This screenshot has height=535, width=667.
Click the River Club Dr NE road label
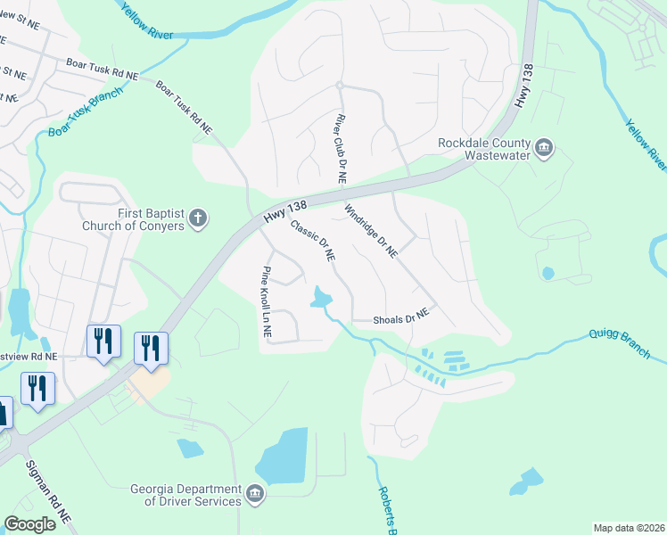tap(340, 149)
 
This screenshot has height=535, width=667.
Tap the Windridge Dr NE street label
tap(370, 232)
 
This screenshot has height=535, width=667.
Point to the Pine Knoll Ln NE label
tap(266, 301)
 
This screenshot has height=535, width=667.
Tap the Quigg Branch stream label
tap(619, 343)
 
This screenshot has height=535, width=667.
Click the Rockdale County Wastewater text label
tap(484, 149)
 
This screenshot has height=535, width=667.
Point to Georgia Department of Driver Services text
tap(185, 495)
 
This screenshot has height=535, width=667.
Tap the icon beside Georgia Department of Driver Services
tap(254, 493)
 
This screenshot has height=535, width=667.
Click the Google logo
tap(29, 524)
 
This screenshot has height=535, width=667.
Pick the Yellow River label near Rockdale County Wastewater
tap(646, 144)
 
